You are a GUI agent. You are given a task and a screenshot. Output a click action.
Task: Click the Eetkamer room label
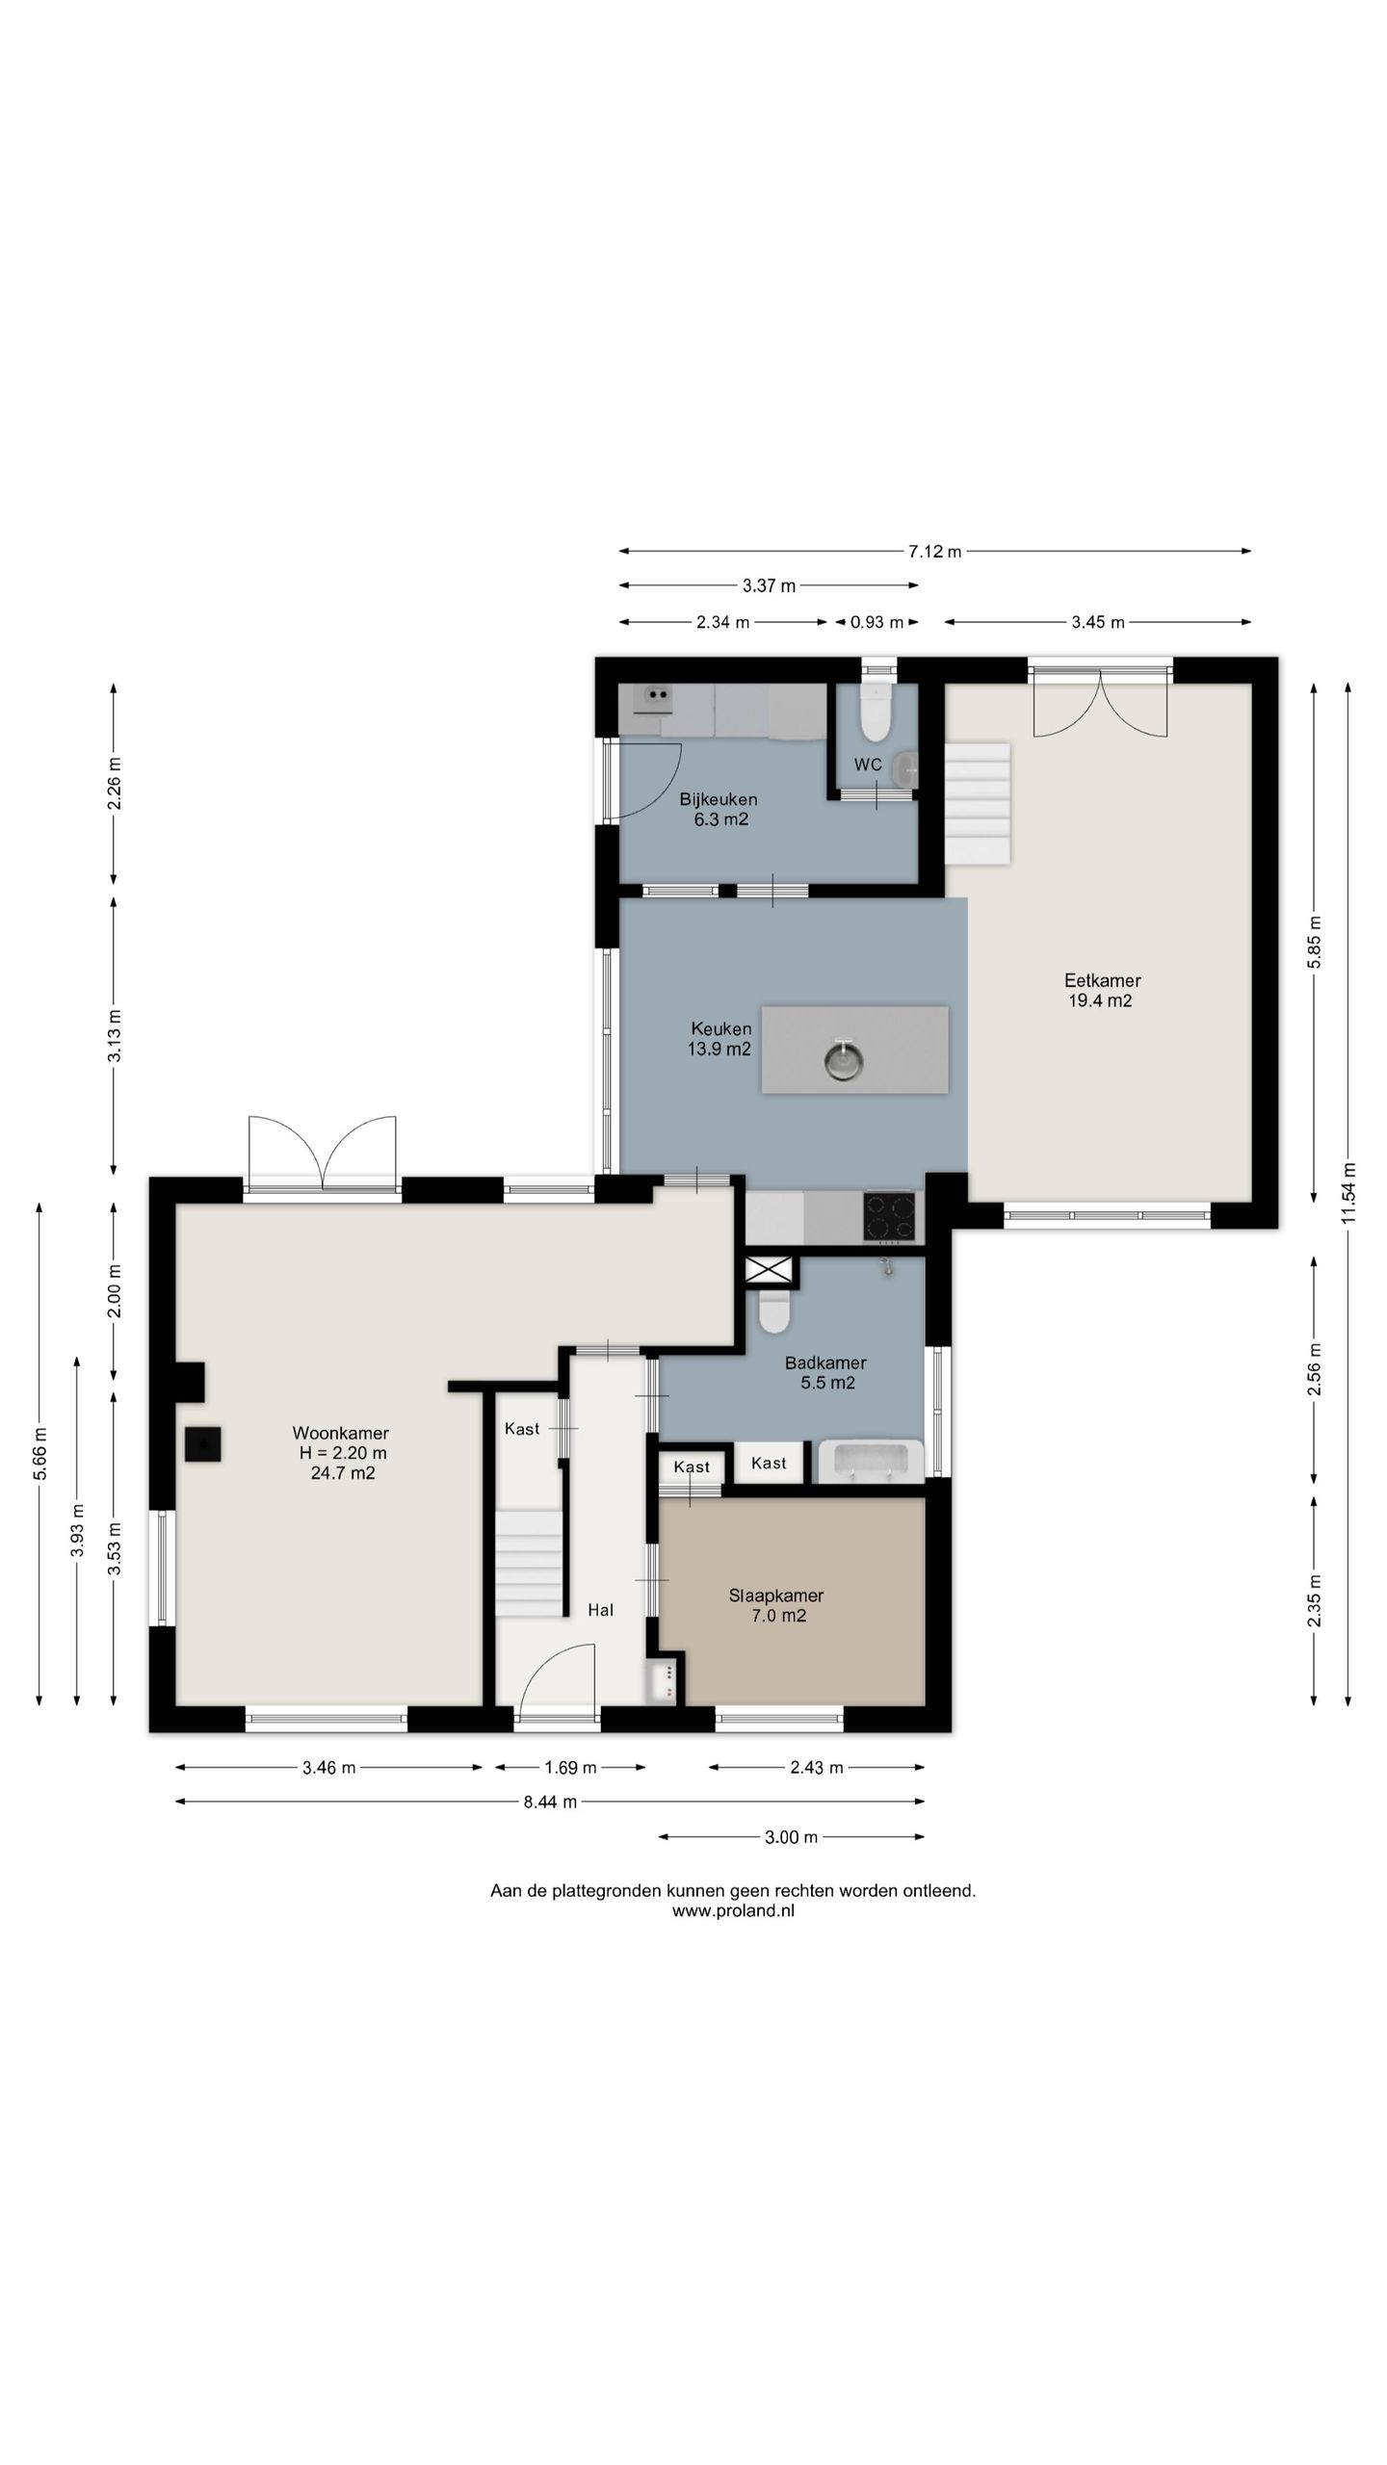[1101, 990]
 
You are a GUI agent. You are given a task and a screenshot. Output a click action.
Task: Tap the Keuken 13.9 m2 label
[720, 1038]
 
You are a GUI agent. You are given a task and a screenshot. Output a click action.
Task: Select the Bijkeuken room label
[719, 809]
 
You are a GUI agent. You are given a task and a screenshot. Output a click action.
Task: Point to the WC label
[868, 765]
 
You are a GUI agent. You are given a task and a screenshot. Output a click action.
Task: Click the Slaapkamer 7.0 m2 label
[776, 1605]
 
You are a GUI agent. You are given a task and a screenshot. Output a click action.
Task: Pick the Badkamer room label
[825, 1373]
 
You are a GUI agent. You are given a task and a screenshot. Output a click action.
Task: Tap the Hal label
[601, 1609]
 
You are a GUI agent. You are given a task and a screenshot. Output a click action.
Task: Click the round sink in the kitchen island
[844, 1059]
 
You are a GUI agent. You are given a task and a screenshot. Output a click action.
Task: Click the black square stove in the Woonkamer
[204, 1443]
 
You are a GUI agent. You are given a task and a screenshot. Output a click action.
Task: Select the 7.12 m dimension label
[934, 552]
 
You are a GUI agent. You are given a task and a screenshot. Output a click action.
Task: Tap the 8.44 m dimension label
[550, 1802]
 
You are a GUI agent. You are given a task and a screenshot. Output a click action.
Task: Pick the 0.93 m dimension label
[877, 622]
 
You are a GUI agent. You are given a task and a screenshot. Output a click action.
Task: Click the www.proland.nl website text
[733, 1911]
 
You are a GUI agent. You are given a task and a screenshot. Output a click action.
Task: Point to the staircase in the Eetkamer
[977, 803]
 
